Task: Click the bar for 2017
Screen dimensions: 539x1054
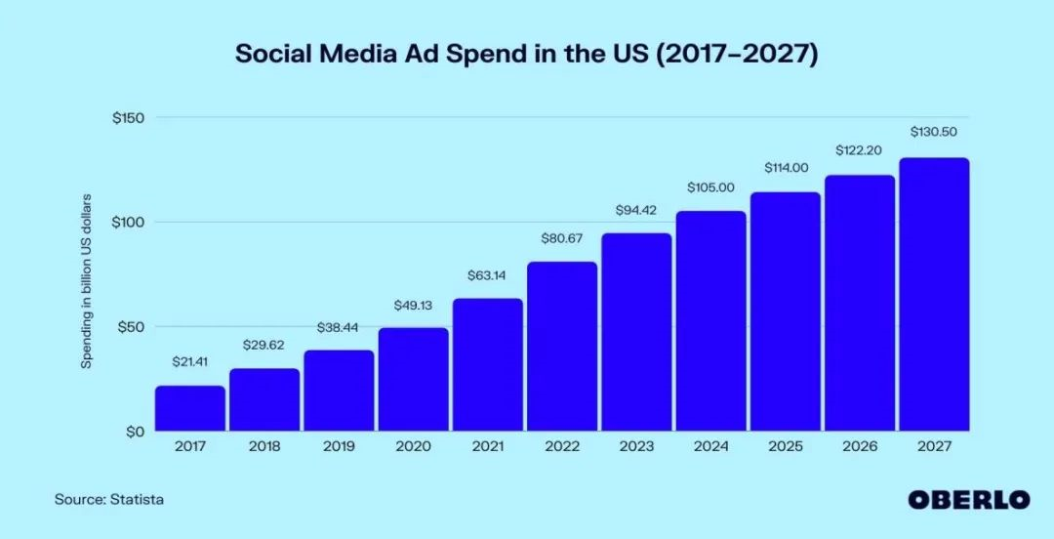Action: (189, 408)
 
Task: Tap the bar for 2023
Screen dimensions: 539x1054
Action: (636, 332)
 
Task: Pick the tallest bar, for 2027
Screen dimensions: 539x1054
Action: (934, 294)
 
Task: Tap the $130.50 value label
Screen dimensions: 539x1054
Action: (934, 131)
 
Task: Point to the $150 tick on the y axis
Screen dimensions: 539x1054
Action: (128, 118)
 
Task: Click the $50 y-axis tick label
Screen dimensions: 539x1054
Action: (132, 326)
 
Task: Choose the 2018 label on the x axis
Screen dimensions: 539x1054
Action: (264, 447)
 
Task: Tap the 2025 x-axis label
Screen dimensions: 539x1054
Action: (785, 447)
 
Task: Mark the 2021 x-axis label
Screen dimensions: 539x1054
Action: (487, 447)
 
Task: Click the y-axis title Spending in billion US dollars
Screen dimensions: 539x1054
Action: (86, 279)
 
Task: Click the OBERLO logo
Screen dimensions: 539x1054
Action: (968, 499)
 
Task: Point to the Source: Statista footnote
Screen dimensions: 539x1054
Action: (109, 499)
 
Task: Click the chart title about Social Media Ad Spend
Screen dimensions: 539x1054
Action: (526, 55)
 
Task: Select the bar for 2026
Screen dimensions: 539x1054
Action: (860, 303)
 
